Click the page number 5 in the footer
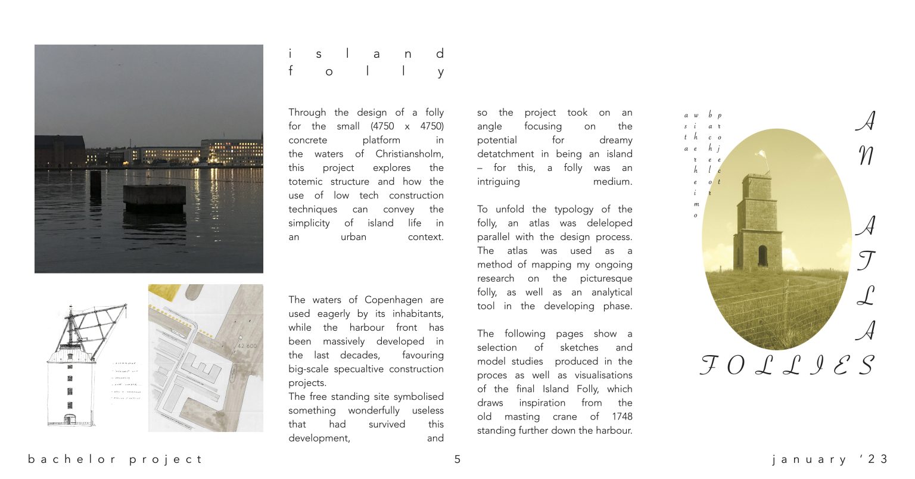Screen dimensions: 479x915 point(457,459)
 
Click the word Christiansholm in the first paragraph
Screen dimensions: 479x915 point(409,154)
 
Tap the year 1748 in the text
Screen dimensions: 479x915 point(621,416)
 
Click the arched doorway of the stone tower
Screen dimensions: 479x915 point(762,256)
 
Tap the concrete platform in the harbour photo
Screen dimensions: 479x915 point(154,196)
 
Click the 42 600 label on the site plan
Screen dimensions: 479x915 point(247,346)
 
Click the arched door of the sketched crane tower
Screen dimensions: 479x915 point(70,419)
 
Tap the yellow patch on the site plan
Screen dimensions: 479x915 point(160,291)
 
